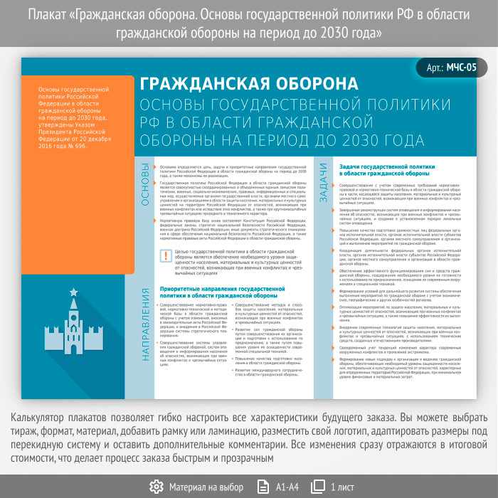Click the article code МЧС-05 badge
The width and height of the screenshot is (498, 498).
click(x=453, y=68)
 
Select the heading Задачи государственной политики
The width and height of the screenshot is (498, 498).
click(x=383, y=169)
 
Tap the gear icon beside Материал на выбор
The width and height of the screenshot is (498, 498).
click(x=157, y=487)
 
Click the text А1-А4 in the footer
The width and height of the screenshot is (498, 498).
click(x=287, y=487)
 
